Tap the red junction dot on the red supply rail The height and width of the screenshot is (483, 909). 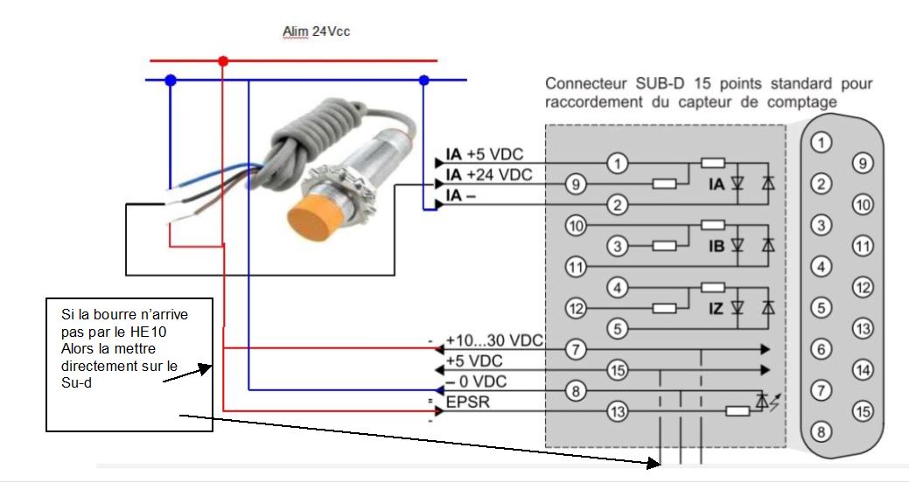point(223,61)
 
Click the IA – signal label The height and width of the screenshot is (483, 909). point(461,195)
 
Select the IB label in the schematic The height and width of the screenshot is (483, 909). point(717,247)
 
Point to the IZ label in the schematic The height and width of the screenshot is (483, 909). point(717,307)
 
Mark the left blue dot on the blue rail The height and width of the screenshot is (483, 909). point(171,80)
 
